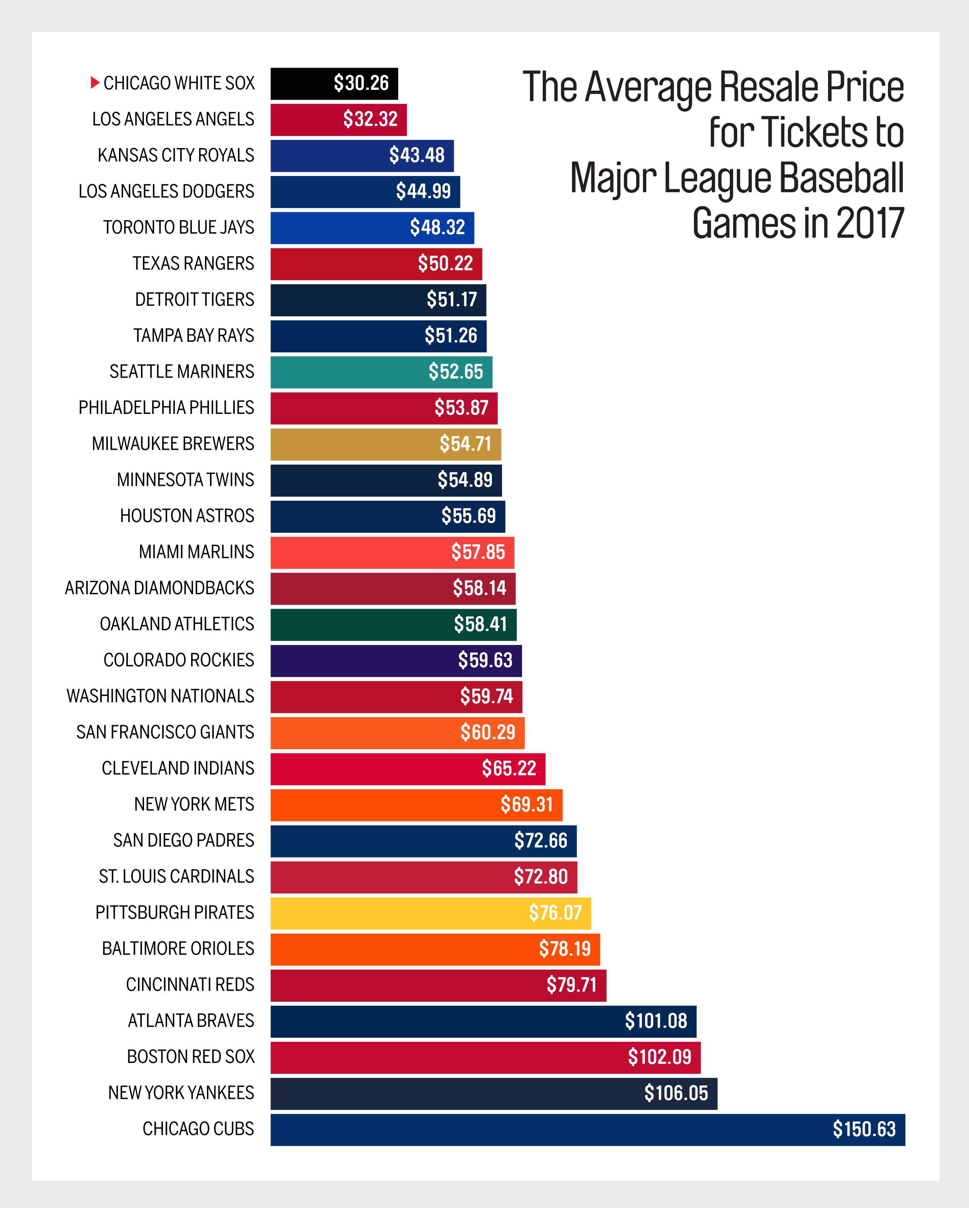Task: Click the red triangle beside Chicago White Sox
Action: click(95, 83)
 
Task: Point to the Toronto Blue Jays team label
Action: click(179, 227)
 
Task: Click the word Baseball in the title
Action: click(841, 178)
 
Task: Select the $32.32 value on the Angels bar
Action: click(370, 119)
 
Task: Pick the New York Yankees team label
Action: click(181, 1093)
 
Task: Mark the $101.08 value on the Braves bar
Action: click(656, 1021)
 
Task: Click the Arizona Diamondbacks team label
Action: click(159, 588)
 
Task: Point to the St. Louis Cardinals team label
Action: click(176, 876)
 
